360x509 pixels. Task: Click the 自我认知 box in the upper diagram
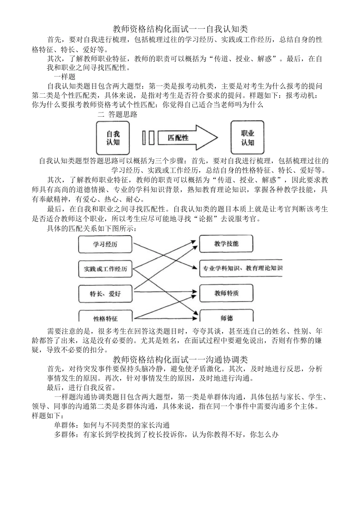113,138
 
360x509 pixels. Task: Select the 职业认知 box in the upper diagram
247,138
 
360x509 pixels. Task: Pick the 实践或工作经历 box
105,269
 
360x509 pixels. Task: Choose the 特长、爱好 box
105,294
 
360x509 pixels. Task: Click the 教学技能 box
226,244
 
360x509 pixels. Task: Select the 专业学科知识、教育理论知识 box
241,268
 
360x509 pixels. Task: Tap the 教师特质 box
226,293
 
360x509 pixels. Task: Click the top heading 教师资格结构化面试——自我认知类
180,29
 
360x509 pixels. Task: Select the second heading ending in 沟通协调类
180,359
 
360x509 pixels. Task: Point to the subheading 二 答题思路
117,114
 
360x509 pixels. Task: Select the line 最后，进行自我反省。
81,387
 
